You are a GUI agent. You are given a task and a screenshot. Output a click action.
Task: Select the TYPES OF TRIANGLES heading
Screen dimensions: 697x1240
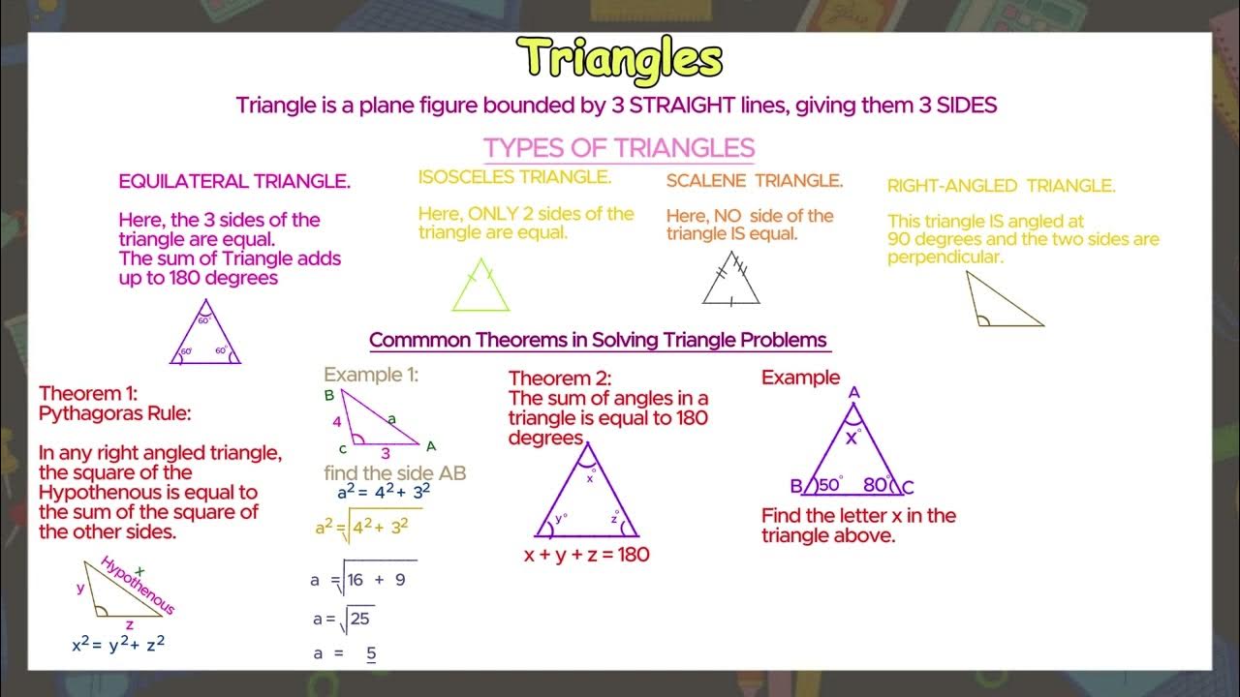619,148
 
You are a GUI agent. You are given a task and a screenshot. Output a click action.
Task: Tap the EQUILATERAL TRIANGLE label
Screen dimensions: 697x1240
234,181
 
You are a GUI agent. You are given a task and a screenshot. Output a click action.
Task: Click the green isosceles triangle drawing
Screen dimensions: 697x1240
480,288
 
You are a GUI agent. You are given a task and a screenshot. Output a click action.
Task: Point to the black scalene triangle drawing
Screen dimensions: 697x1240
731,280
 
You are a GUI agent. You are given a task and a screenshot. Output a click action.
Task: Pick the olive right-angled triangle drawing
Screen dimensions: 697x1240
1001,302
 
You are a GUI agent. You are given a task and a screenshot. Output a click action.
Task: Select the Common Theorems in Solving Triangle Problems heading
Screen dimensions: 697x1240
599,340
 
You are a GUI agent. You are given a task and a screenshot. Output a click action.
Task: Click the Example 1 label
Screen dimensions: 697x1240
371,375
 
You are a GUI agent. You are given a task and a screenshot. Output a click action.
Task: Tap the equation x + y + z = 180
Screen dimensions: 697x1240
586,555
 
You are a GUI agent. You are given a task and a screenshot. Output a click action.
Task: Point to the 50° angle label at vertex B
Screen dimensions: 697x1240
828,484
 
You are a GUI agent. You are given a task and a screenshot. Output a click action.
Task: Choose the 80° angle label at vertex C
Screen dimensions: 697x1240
876,484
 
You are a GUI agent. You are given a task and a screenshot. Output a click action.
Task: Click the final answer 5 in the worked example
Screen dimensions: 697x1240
371,653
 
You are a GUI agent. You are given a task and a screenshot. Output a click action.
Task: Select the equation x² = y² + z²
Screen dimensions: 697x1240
118,644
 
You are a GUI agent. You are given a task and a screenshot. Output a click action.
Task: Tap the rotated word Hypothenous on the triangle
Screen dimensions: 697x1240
138,586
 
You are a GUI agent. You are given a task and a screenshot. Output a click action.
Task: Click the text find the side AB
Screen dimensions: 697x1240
395,473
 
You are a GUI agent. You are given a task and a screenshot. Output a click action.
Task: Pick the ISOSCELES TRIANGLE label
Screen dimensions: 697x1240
514,177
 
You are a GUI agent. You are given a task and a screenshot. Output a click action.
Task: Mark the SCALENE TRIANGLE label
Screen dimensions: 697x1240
755,181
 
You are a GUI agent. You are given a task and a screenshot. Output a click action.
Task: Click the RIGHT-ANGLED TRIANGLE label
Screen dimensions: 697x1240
1002,186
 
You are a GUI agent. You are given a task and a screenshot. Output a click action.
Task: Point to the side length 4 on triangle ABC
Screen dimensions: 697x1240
337,422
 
